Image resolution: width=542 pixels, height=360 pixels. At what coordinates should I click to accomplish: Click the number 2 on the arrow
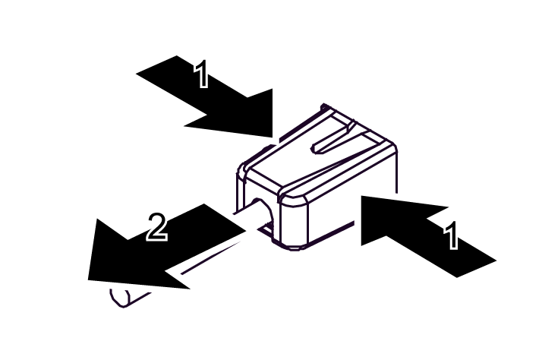tap(156, 227)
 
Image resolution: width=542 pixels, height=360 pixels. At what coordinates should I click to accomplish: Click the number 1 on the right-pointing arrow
tap(201, 74)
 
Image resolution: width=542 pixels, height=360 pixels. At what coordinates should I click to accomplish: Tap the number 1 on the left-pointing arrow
tap(451, 235)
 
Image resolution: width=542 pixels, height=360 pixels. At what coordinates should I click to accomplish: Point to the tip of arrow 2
tap(90, 278)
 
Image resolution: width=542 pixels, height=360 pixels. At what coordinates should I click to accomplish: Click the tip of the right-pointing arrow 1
tap(273, 137)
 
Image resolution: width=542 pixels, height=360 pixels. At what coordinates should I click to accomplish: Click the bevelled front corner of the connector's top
tap(292, 194)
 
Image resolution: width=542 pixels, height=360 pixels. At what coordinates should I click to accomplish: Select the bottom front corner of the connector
tap(291, 247)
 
